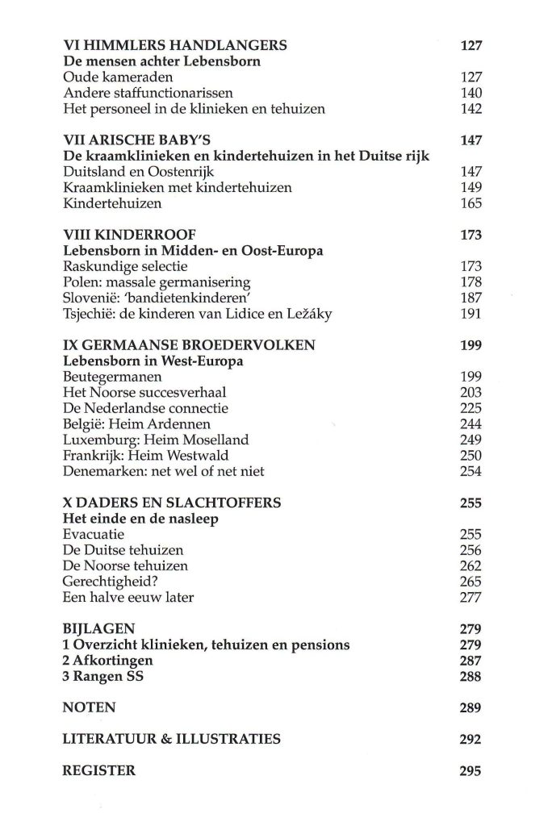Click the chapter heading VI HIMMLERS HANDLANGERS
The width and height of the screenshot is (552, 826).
[175, 45]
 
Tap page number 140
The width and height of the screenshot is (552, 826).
[470, 94]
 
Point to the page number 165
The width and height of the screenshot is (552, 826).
[470, 204]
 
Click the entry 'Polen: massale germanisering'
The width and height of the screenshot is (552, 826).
[157, 282]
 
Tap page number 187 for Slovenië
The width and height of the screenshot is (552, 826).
[470, 298]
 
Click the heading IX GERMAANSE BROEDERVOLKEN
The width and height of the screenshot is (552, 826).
[190, 345]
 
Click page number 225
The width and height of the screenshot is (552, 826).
[470, 408]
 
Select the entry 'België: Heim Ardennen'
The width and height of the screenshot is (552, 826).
[136, 424]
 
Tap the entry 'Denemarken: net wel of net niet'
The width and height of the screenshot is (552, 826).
[164, 471]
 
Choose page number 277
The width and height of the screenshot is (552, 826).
[470, 598]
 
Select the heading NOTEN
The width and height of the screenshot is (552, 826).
[89, 708]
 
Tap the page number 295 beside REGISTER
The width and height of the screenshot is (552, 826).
[470, 771]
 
